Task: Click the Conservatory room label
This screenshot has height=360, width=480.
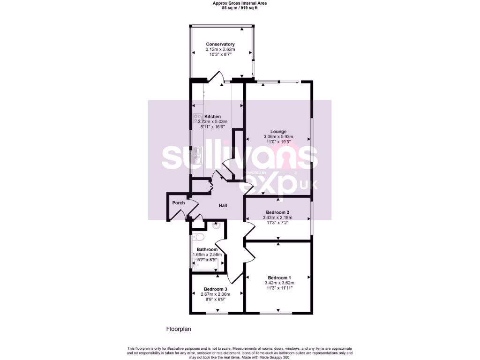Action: tap(220, 44)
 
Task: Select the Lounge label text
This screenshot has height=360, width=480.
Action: tap(278, 131)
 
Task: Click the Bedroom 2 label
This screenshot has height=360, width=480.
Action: tap(278, 212)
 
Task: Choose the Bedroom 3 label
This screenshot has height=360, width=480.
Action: tap(216, 289)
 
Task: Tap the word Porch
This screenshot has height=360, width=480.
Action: tap(179, 203)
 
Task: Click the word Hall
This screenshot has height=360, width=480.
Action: tap(224, 205)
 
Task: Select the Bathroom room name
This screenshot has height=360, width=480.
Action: tap(206, 249)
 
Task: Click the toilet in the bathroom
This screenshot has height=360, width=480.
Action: tap(198, 237)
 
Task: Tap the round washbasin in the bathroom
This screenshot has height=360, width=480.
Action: tap(216, 225)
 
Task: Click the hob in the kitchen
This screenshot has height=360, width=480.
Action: tap(197, 119)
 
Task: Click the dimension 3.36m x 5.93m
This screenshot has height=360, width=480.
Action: tap(278, 137)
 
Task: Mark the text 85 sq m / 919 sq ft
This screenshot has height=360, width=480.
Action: tap(240, 8)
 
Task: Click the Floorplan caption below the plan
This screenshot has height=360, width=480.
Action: tap(179, 329)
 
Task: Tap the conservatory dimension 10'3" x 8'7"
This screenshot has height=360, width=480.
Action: tap(220, 55)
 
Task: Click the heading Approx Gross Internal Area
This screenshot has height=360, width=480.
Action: tap(240, 3)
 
